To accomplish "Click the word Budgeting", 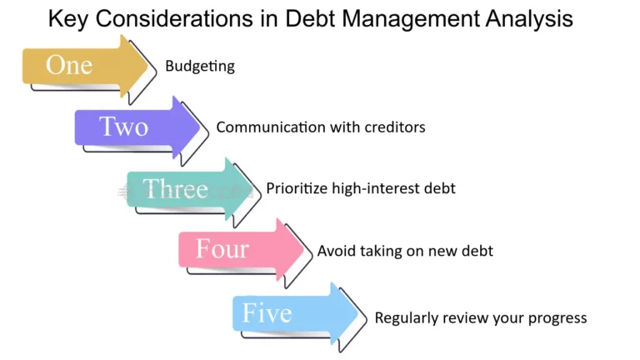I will (x=200, y=67).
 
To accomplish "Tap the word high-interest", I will (x=379, y=188).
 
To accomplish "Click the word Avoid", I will (x=334, y=250).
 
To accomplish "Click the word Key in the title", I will (x=71, y=18).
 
